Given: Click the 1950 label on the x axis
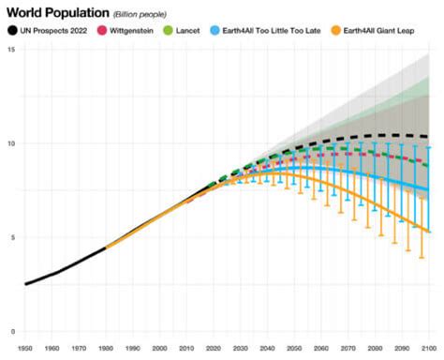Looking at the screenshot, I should pos(25,349).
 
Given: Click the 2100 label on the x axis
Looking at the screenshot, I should pos(429,349).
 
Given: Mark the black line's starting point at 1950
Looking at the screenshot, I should pos(25,283).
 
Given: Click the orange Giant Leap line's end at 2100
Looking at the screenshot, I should pos(429,232).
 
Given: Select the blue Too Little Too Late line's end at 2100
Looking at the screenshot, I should pos(429,190).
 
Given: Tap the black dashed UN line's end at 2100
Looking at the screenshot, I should pos(429,138).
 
